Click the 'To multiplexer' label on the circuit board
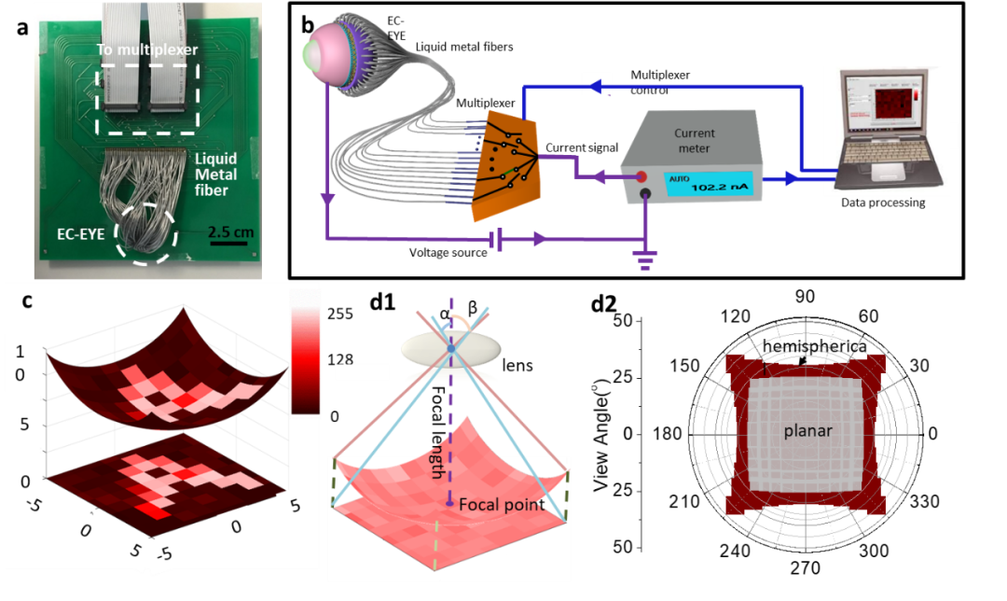[148, 49]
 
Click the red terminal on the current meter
[641, 176]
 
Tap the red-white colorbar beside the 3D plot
[305, 353]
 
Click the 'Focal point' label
[500, 505]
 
